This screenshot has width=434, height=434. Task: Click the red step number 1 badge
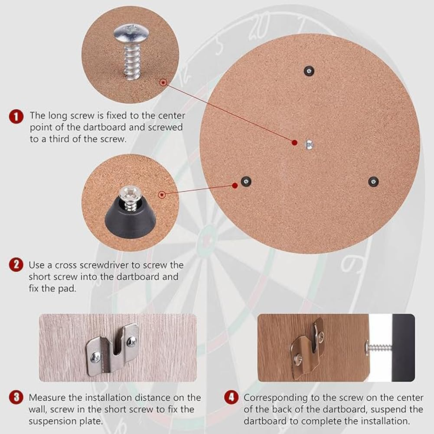[x=16, y=116]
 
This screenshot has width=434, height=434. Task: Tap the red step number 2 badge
[x=16, y=264]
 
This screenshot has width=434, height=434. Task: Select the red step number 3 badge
[x=16, y=397]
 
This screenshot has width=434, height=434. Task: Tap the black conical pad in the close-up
[x=130, y=216]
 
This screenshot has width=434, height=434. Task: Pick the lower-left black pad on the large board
[x=246, y=181]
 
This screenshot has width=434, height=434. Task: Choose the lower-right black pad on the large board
[x=372, y=181]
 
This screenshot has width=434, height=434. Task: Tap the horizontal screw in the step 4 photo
[x=379, y=347]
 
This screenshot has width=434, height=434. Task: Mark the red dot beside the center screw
[x=294, y=142]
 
